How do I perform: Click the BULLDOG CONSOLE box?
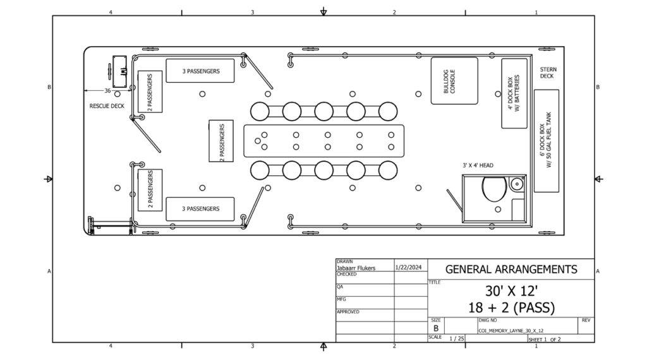click(x=454, y=81)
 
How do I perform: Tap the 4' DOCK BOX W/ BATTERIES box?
click(x=514, y=93)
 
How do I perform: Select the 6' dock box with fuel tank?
click(x=547, y=141)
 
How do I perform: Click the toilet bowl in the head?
click(x=494, y=189)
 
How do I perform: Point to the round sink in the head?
click(x=517, y=184)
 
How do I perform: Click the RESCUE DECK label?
click(x=107, y=106)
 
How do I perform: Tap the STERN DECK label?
click(x=548, y=73)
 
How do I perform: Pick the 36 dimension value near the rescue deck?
click(x=107, y=91)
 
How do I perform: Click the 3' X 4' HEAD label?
click(x=478, y=165)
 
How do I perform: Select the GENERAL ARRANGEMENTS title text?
click(x=511, y=269)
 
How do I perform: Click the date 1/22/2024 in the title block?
click(x=409, y=267)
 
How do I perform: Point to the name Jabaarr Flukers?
click(x=356, y=268)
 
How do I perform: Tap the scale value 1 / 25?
click(x=456, y=339)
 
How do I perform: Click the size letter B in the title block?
click(x=436, y=328)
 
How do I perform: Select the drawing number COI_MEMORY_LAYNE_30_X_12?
click(x=511, y=331)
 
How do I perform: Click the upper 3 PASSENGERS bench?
click(x=200, y=71)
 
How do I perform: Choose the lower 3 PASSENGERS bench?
click(x=200, y=208)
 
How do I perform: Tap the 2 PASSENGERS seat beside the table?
click(x=221, y=141)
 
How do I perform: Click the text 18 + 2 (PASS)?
click(x=511, y=308)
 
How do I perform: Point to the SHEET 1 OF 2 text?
click(x=545, y=339)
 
